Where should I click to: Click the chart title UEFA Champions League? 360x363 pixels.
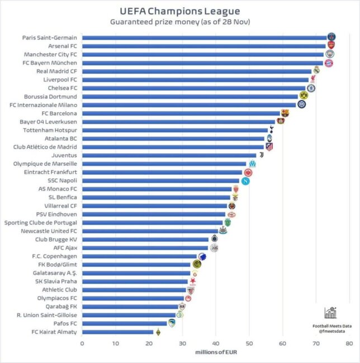[180, 11]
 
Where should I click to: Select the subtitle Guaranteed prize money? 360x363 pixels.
[180, 22]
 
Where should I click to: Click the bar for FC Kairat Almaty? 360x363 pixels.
[117, 332]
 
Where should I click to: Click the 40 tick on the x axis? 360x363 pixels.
[216, 343]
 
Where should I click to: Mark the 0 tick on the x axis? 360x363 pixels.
[82, 343]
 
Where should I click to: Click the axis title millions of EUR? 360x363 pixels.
[216, 352]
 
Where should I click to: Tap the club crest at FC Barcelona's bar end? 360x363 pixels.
[285, 113]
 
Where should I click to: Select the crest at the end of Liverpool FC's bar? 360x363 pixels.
[312, 80]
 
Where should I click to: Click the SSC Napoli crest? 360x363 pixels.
[245, 180]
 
